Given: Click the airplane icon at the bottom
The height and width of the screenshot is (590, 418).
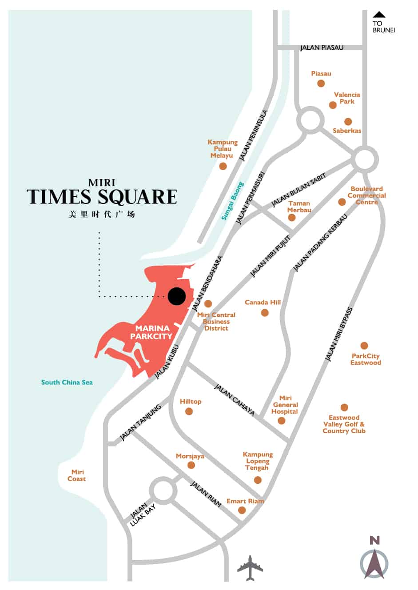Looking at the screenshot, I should coord(250,568).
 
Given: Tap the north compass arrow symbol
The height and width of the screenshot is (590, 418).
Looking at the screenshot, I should coord(374,563).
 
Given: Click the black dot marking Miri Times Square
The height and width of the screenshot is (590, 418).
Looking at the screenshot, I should coord(177,296).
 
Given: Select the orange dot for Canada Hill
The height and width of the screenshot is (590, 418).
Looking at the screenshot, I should coord(265,313).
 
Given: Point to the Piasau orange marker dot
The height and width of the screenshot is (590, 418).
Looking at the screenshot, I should coord(321,84).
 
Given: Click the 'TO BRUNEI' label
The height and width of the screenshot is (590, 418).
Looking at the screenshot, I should coord(383,27).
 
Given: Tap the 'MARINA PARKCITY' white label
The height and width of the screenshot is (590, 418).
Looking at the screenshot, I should coord(151,332).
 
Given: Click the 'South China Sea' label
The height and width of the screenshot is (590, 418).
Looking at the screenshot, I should coord(67,382).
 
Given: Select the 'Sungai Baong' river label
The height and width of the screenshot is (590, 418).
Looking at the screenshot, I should coord(233,201).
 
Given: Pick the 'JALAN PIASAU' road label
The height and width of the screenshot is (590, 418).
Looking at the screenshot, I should coord(322,48).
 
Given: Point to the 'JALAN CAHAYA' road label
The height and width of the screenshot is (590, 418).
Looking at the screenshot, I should coord(235,400).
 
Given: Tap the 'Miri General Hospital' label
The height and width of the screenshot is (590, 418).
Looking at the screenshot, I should coord(285,405).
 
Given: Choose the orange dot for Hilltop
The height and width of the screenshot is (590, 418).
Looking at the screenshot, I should coord(189,412).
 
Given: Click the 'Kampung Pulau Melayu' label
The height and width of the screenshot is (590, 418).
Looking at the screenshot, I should coord(222,149).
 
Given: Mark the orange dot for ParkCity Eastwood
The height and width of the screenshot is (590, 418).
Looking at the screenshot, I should coord(364,346).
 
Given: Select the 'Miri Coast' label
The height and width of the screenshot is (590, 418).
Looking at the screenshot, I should coord(77,475).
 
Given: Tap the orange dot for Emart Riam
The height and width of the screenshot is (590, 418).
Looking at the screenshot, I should coord(242,510).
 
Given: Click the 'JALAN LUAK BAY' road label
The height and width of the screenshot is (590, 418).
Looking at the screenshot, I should coord(143,515).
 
